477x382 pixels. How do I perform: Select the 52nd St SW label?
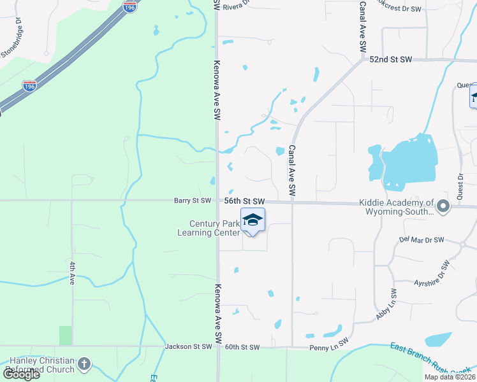(391, 59)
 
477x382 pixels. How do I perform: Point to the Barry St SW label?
(192, 201)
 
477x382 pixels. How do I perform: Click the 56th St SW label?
(244, 201)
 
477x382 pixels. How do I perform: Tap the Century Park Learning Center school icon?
(253, 220)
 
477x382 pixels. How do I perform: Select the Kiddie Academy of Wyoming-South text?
(397, 206)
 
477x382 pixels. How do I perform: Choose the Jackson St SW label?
(188, 347)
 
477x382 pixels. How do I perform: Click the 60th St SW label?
(242, 347)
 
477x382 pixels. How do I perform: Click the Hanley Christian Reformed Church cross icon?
(84, 365)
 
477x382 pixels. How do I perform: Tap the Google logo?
(20, 374)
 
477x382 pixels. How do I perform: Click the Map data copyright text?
(450, 377)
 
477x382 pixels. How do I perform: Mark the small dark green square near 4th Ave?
(66, 335)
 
